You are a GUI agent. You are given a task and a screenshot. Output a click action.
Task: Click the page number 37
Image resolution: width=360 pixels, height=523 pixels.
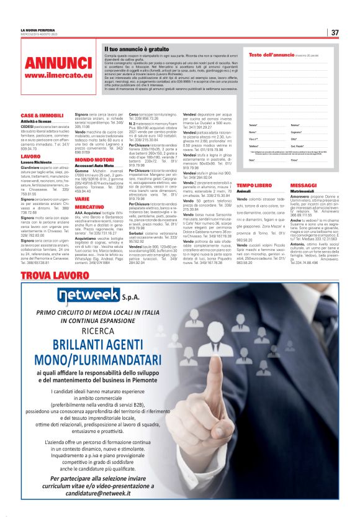tap(335, 32)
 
